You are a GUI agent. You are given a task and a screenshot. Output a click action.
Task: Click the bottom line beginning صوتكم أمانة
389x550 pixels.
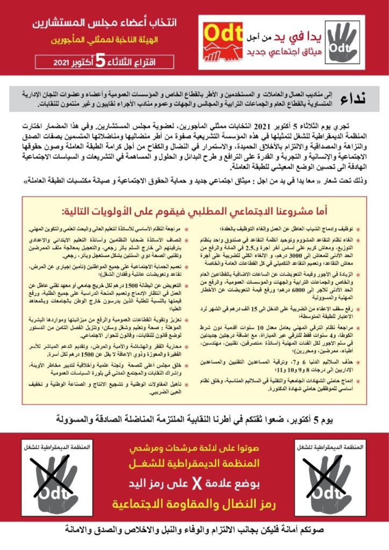(194, 531)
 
